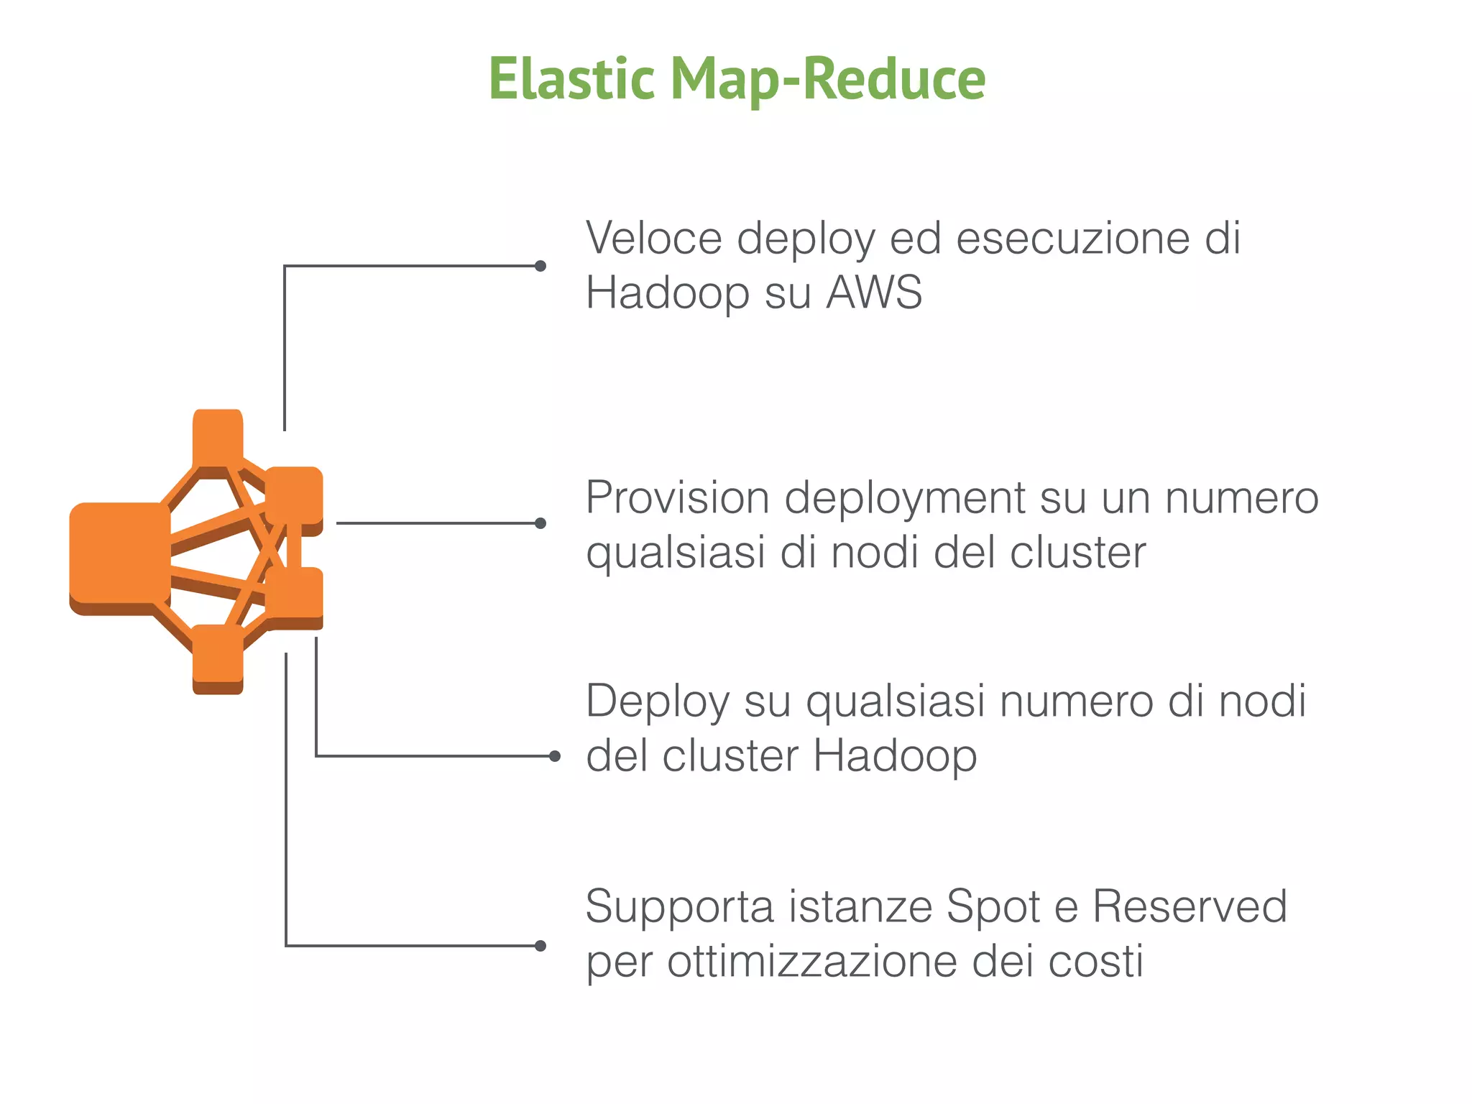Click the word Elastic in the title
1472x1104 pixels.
tap(571, 79)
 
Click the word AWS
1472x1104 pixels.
tap(874, 293)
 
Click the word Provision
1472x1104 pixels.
tap(678, 497)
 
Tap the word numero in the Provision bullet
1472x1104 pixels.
tap(1241, 497)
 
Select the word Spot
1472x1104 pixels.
tap(993, 907)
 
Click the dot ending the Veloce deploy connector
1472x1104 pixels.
tap(540, 266)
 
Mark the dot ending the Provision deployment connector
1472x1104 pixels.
tap(540, 523)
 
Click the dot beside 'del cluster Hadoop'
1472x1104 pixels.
tap(554, 756)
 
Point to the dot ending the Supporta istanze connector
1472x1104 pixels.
tap(540, 946)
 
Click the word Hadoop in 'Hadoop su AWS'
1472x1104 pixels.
tap(668, 293)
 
